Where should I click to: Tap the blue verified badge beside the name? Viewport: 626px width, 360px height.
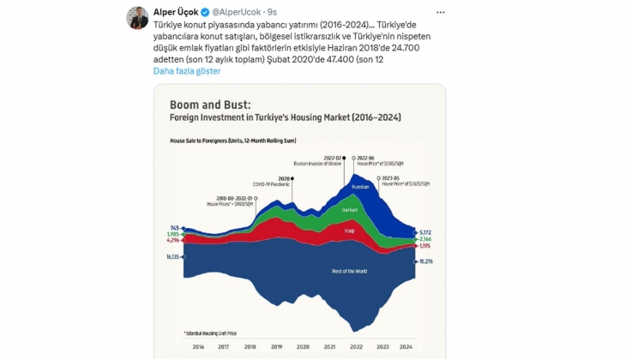point(202,11)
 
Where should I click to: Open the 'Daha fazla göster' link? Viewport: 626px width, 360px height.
point(187,70)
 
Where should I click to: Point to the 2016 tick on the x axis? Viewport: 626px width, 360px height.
point(197,346)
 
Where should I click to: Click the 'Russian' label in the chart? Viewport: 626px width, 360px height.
point(361,186)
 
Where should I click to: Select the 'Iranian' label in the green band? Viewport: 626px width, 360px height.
point(350,209)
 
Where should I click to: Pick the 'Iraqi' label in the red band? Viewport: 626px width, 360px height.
point(350,231)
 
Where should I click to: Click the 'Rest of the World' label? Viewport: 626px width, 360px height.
point(350,272)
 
